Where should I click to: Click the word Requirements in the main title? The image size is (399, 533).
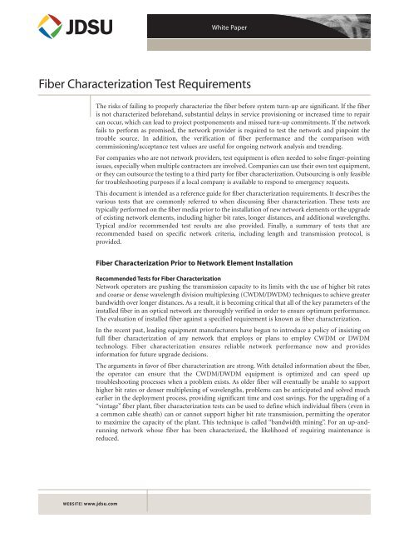(203, 84)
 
